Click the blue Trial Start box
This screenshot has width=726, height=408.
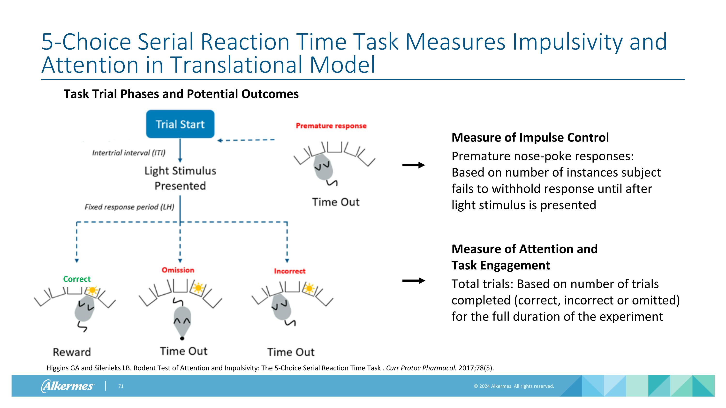(180, 124)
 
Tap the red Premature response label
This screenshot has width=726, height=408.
(331, 126)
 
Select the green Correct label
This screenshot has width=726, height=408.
(77, 279)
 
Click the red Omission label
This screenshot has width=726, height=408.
(178, 270)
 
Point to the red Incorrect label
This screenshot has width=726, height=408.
(289, 271)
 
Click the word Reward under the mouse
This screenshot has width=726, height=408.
(72, 352)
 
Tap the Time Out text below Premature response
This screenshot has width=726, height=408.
(335, 202)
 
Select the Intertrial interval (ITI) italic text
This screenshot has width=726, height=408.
(129, 153)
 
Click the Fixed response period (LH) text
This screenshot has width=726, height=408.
(129, 207)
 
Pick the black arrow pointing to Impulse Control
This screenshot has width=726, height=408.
(413, 165)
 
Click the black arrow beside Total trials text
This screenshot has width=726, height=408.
(413, 281)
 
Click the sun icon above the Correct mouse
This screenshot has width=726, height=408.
(92, 290)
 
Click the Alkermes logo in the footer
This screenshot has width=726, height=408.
(68, 386)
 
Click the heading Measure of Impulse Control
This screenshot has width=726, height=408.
(530, 137)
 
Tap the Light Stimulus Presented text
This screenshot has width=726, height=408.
(180, 178)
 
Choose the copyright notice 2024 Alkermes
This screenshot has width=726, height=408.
(514, 386)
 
